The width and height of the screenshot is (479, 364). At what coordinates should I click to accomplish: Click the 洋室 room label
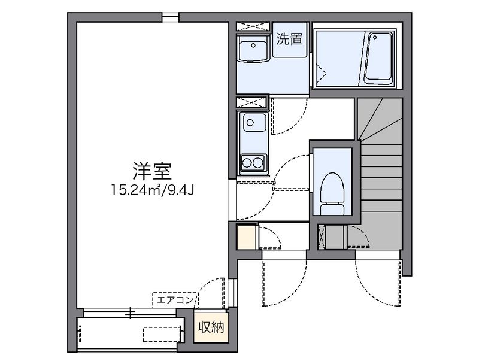[x=152, y=172]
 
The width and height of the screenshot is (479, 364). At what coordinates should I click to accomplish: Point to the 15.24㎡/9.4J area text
[x=152, y=190]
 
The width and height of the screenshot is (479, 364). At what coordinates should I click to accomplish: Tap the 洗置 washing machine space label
[x=289, y=39]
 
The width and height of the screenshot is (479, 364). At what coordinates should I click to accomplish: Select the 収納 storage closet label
[x=211, y=327]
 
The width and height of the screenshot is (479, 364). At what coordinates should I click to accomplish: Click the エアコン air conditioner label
[x=175, y=300]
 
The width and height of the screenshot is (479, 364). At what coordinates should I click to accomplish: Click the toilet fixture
[x=332, y=193]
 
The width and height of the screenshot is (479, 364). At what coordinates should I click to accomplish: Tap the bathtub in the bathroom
[x=379, y=58]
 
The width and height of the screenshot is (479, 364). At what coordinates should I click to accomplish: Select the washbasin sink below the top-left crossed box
[x=253, y=48]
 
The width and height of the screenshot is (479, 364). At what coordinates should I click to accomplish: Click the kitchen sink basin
[x=254, y=122]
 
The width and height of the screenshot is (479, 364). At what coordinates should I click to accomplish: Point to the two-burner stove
[x=253, y=163]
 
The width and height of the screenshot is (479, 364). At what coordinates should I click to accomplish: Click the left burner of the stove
[x=247, y=163]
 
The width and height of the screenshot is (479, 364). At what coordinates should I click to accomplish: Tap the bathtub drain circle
[x=375, y=37]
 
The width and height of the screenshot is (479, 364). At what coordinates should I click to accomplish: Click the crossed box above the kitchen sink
[x=252, y=102]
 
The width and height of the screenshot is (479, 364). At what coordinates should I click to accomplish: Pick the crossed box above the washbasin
[x=253, y=26]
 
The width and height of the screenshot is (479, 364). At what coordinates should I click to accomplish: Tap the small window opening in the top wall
[x=171, y=17]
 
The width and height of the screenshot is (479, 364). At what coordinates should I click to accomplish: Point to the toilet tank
[x=332, y=210]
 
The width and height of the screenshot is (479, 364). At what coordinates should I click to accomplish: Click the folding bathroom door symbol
[x=319, y=72]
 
